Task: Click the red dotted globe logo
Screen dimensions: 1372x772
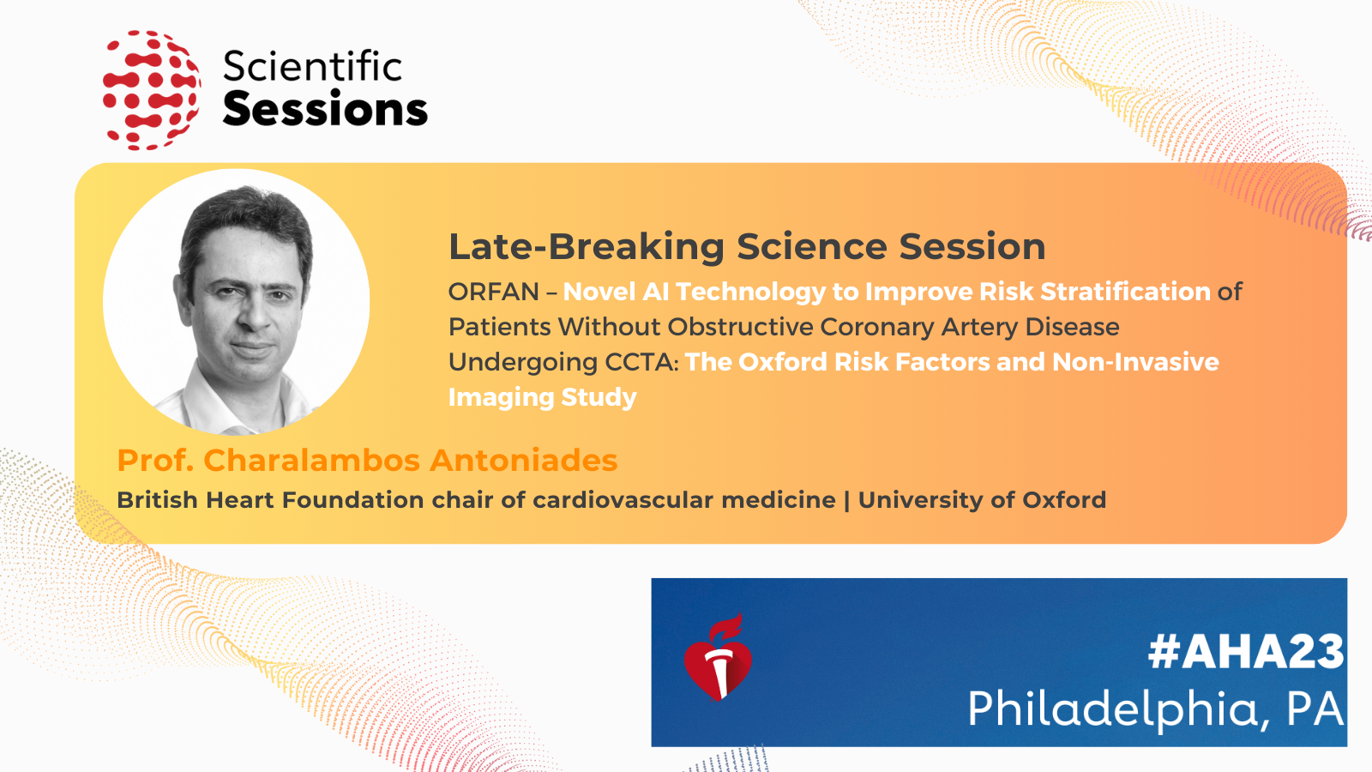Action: click(x=151, y=90)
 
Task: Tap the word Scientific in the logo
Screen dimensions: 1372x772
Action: click(x=312, y=65)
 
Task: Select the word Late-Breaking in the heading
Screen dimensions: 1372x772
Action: click(x=587, y=247)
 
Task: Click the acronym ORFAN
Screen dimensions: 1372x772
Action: click(x=493, y=292)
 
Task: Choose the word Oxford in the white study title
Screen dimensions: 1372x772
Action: click(x=780, y=362)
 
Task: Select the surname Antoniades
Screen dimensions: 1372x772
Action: click(x=523, y=460)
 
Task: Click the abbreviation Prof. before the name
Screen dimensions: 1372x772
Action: click(x=155, y=460)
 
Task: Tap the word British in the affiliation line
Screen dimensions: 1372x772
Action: click(x=158, y=500)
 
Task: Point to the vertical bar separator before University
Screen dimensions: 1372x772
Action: click(x=847, y=501)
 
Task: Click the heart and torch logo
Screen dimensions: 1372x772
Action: click(x=718, y=657)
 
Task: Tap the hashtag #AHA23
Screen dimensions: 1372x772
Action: click(x=1245, y=652)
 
